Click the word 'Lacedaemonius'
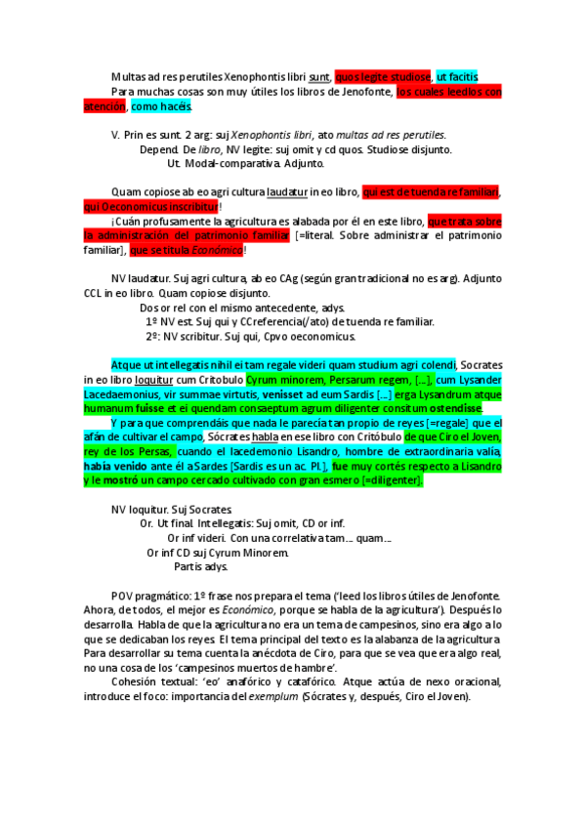click(x=121, y=393)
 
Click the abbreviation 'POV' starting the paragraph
click(x=124, y=596)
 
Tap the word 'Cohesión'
click(x=139, y=683)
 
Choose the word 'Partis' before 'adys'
click(x=188, y=567)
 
